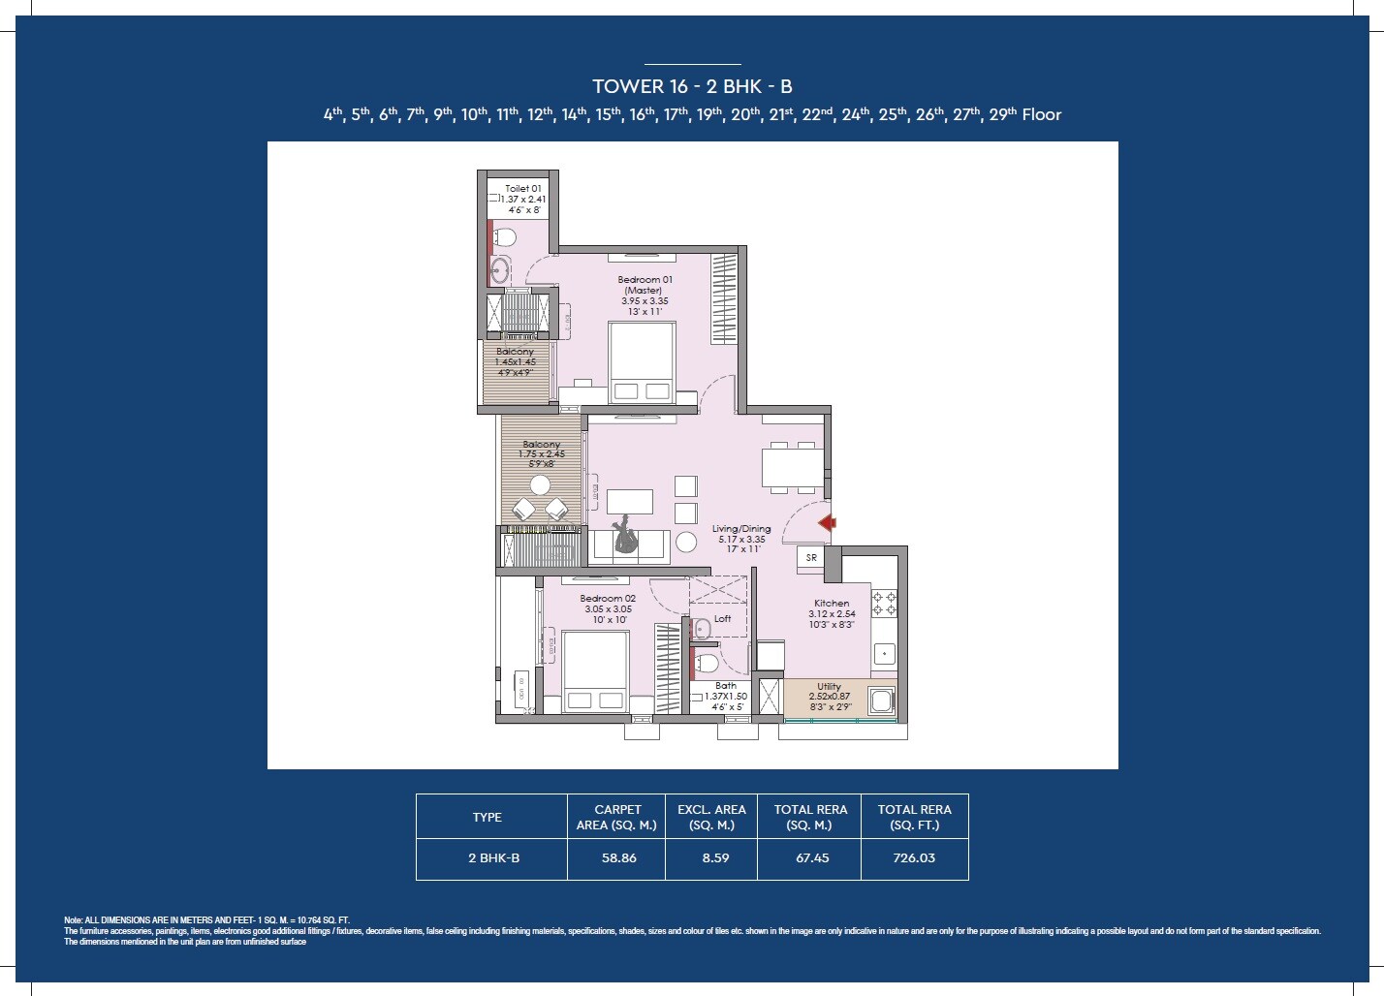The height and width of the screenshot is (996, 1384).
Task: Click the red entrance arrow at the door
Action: tap(827, 523)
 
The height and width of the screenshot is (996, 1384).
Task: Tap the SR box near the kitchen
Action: tap(811, 558)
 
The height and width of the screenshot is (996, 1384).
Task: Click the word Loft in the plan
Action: tap(723, 618)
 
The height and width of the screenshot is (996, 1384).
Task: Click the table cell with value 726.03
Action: tap(914, 858)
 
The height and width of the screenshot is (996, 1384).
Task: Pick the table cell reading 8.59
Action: tap(715, 858)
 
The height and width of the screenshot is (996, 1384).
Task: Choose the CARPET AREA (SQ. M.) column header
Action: tap(617, 817)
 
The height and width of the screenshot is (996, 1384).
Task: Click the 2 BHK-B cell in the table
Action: tap(492, 858)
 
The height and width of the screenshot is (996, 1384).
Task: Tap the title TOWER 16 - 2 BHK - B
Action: tap(692, 86)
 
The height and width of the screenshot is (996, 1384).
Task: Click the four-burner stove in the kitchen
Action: tap(884, 604)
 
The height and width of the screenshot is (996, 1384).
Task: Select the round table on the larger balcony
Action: tap(540, 484)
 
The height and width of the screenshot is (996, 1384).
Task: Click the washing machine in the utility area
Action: tap(881, 700)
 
